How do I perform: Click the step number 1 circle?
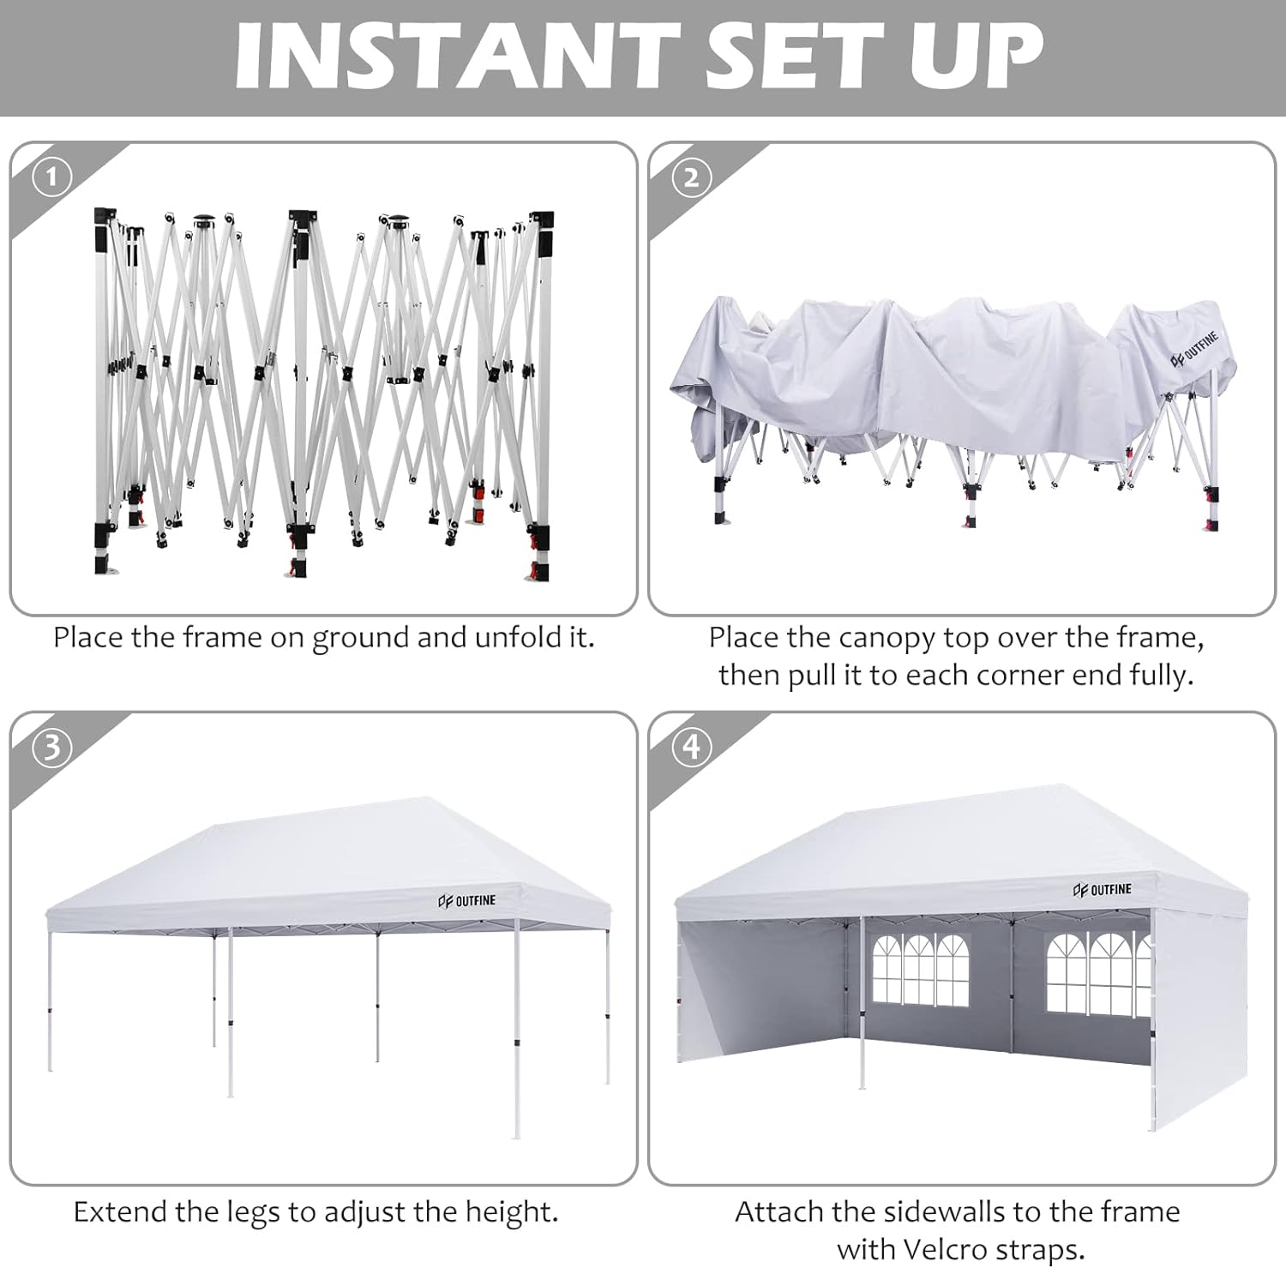(51, 177)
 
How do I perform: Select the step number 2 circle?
(691, 177)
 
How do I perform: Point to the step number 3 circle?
(51, 748)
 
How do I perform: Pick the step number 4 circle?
(691, 748)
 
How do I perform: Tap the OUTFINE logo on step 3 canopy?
(466, 900)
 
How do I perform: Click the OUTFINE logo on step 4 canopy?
(1102, 890)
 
